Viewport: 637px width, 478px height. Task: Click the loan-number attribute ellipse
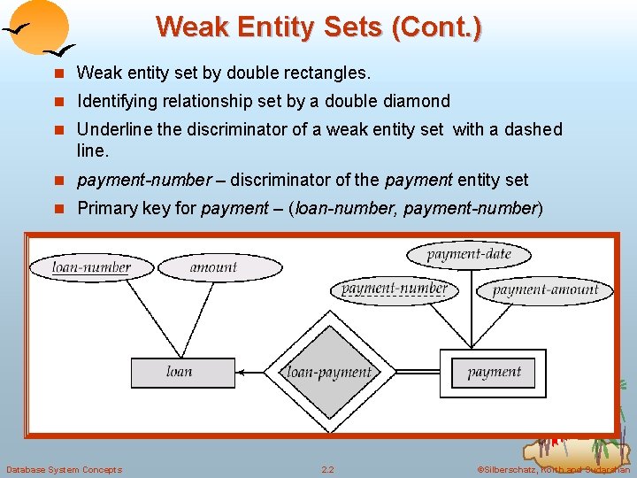[91, 266]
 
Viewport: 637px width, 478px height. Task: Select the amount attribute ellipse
[213, 266]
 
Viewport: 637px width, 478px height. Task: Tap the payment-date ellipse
[469, 255]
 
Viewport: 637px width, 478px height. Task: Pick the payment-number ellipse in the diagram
[394, 289]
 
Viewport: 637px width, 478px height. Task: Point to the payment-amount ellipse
[545, 289]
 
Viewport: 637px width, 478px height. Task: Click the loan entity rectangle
[179, 372]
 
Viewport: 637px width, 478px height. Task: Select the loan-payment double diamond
[329, 373]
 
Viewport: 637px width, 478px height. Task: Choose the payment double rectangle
[494, 372]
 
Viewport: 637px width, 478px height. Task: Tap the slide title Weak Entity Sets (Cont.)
[318, 27]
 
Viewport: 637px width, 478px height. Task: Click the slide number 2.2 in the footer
[327, 469]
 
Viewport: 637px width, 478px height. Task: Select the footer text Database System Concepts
[64, 469]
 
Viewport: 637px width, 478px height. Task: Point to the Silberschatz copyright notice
[553, 469]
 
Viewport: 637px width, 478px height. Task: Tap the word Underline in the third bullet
[114, 130]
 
